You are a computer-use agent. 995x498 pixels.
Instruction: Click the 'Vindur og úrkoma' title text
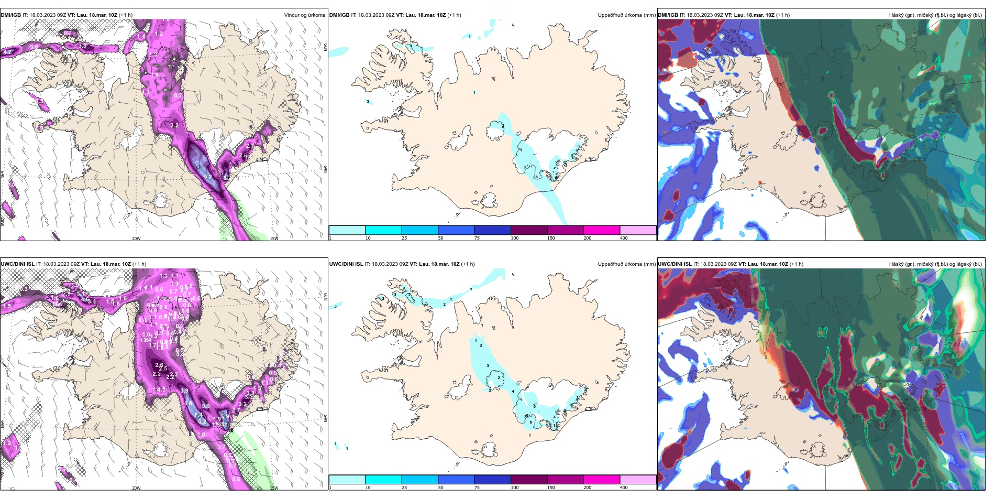pyautogui.click(x=304, y=15)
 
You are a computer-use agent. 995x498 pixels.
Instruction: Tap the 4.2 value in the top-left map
pyautogui.click(x=7, y=52)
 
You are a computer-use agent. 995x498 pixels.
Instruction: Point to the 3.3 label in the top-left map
pyautogui.click(x=82, y=46)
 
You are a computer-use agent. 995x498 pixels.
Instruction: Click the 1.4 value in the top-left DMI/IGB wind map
pyautogui.click(x=141, y=36)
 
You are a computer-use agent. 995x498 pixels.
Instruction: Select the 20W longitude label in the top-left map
pyautogui.click(x=136, y=239)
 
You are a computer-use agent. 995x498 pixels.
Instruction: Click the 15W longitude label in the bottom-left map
pyautogui.click(x=274, y=488)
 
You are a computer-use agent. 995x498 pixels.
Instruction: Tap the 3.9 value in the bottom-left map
pyautogui.click(x=184, y=391)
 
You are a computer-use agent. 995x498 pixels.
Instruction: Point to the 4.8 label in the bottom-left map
pyautogui.click(x=187, y=403)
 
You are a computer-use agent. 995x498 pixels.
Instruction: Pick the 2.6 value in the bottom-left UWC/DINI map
pyautogui.click(x=159, y=365)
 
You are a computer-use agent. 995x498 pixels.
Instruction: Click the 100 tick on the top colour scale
pyautogui.click(x=515, y=238)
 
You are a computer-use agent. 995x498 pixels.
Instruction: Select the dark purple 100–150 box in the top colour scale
pyautogui.click(x=529, y=230)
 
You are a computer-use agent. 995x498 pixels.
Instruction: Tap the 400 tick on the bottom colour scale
pyautogui.click(x=624, y=488)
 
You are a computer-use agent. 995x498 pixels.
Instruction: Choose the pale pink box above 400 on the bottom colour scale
pyautogui.click(x=638, y=480)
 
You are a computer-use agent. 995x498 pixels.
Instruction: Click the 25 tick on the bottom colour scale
pyautogui.click(x=404, y=488)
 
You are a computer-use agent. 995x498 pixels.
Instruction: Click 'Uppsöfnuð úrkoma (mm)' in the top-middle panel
pyautogui.click(x=626, y=15)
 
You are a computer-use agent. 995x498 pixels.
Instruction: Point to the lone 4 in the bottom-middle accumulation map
pyautogui.click(x=513, y=392)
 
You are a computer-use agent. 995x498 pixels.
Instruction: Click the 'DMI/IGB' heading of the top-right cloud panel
pyautogui.click(x=668, y=15)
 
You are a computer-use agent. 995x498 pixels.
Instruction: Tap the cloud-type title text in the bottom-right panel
pyautogui.click(x=935, y=264)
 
